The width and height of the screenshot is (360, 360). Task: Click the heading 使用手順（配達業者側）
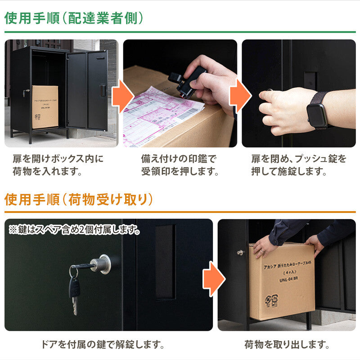pos(74,18)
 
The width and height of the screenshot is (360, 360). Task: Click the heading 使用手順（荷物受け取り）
pos(79,199)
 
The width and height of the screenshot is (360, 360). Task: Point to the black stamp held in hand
pos(189,81)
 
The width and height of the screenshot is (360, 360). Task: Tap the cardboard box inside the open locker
pos(45,107)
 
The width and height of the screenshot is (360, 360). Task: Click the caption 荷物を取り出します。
pos(287,345)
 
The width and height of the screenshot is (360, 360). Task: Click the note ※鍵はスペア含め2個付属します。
pos(74,229)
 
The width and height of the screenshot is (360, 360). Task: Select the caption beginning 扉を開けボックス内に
pos(58,165)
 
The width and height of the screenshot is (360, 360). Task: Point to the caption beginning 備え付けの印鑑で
pos(180,165)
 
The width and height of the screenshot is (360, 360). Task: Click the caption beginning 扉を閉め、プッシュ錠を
pos(299,165)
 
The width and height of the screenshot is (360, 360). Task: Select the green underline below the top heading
pos(180,32)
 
